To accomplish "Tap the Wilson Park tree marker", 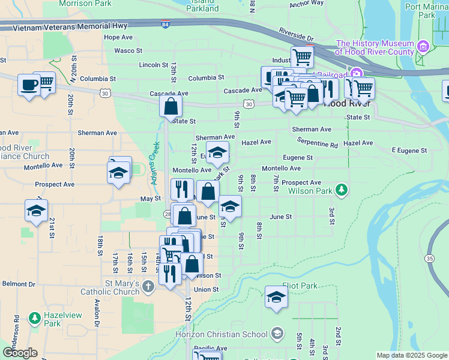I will point(342,191).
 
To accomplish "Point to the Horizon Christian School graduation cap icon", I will point(276,333).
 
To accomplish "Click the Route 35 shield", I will point(429,258).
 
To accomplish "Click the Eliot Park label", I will point(300,286).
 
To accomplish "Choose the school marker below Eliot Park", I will point(276,297).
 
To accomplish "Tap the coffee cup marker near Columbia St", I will point(28,84).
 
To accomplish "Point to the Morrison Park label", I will point(85,4).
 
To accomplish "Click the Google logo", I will point(20,353).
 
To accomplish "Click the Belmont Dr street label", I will point(19,284).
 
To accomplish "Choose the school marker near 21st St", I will point(37,211).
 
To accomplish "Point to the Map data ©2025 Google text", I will point(411,355).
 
